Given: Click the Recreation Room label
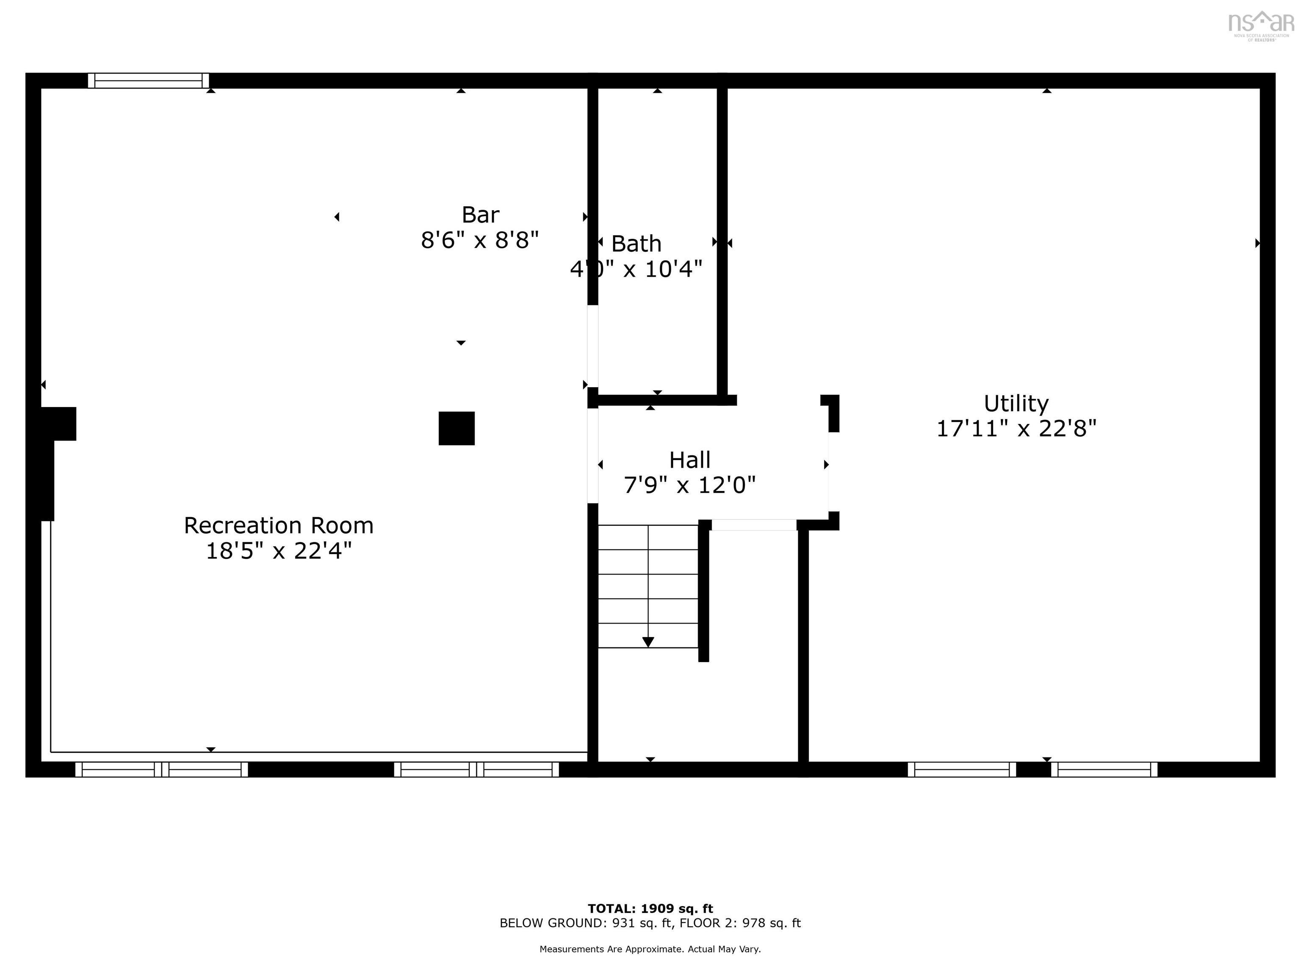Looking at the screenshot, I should pos(278,525).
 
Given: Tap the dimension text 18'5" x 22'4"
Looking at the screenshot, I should pos(278,551).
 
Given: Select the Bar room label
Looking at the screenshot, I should pos(481,215).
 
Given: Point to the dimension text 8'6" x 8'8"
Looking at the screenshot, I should pos(479,240).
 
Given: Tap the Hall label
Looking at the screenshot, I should pos(689,460).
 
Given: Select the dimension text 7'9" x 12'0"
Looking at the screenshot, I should pos(689,485).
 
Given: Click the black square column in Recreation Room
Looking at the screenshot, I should pos(457,428).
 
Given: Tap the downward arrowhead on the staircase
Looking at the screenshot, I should pos(648,642).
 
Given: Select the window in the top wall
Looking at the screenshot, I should pos(148,80).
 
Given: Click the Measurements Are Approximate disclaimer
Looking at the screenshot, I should pos(650,949).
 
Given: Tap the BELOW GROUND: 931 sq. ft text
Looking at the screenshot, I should pos(585,923).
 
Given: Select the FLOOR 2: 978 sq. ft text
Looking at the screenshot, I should pos(740,923).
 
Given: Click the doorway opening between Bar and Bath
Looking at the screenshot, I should pos(593,346).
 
